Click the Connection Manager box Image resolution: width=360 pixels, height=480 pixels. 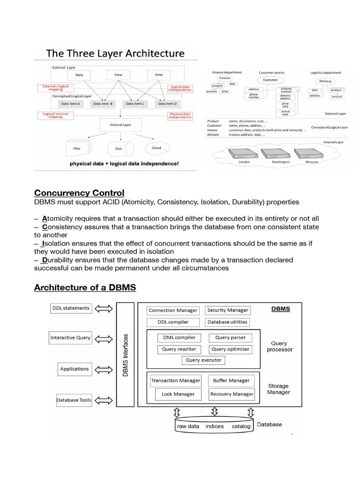click(173, 310)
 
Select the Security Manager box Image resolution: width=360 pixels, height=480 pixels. click(228, 310)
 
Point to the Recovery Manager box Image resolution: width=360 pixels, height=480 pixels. click(232, 394)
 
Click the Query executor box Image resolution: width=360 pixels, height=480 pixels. click(203, 360)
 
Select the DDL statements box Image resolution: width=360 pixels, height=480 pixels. click(70, 308)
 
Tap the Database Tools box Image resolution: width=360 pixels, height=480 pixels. click(74, 400)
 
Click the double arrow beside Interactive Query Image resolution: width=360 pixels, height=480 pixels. click(103, 338)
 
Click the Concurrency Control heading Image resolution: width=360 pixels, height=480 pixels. click(79, 193)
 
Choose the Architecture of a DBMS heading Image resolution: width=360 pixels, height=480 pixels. click(85, 287)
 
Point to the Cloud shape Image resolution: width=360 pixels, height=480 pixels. click(156, 148)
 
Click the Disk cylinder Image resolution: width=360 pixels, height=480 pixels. click(121, 149)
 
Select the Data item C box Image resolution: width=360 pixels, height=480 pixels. click(135, 104)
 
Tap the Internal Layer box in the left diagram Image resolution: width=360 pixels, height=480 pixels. click(120, 125)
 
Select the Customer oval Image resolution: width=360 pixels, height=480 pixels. click(270, 80)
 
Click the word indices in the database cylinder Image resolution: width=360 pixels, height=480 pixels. click(214, 427)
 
